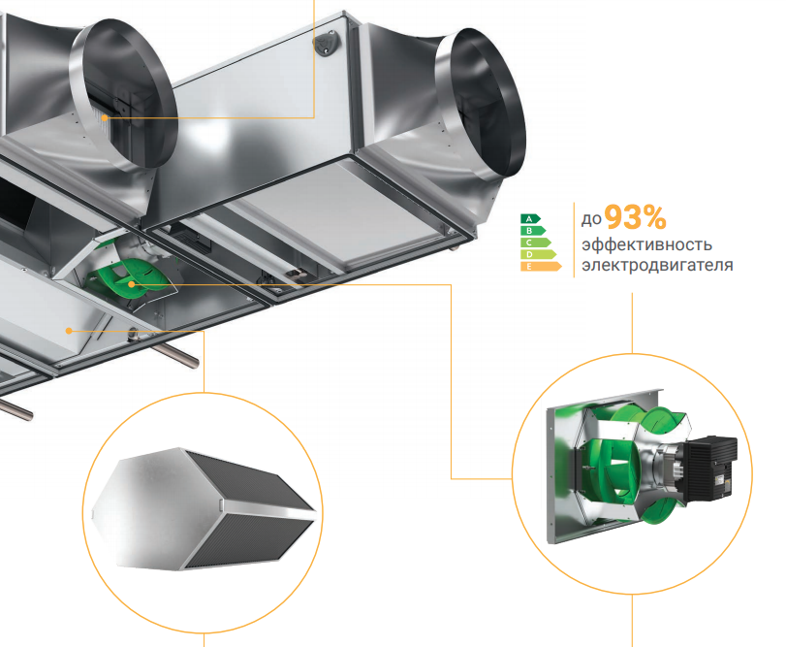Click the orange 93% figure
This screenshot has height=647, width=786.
click(635, 217)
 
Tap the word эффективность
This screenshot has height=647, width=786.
click(646, 244)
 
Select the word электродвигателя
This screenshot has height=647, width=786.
click(657, 265)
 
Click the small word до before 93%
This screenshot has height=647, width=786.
click(591, 219)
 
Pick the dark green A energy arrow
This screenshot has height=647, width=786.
click(530, 218)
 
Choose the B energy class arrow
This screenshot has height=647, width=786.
click(533, 231)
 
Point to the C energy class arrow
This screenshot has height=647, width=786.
click(536, 243)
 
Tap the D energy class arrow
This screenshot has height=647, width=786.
click(538, 254)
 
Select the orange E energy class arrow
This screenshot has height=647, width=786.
click(541, 267)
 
